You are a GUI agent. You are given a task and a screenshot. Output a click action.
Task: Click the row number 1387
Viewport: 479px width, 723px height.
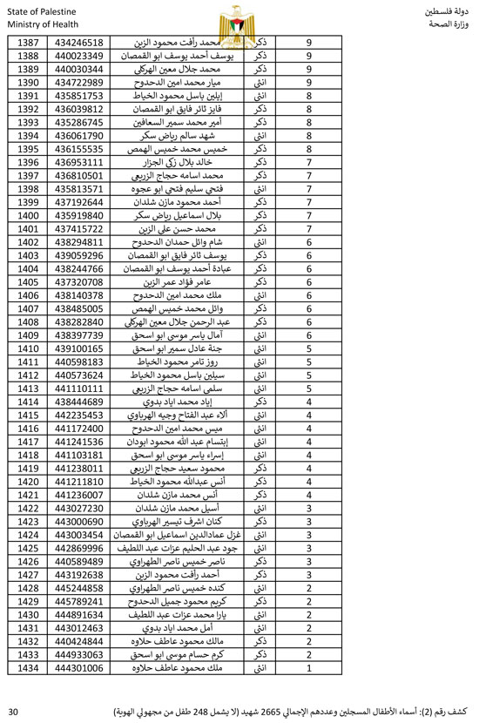coord(29,42)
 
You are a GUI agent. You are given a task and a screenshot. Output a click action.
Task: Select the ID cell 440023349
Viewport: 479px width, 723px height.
coord(79,56)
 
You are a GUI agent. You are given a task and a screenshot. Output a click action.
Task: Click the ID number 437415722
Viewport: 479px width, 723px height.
coord(79,228)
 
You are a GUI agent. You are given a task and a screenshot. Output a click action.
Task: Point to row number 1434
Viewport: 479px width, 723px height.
coord(29,667)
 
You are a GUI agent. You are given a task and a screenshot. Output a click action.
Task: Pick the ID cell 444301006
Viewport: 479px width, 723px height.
coord(79,667)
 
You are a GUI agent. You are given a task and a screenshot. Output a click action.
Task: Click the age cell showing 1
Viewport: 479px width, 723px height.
coord(309,667)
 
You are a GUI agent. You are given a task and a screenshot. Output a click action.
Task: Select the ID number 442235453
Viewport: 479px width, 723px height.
coord(79,415)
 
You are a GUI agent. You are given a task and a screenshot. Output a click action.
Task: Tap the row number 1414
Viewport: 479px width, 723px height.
coord(29,402)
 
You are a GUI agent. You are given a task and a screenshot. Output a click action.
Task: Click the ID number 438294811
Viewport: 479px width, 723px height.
coord(79,241)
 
